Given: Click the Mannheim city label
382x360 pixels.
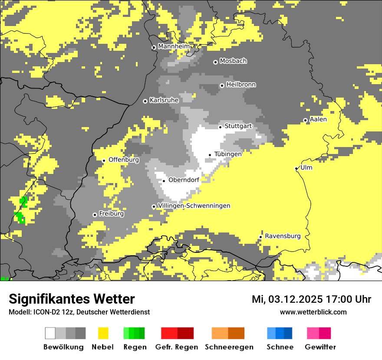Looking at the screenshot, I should pos(174,46).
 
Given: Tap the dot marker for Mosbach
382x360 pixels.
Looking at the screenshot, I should pos(215,62).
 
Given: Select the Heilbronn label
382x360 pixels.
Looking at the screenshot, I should pos(241,85).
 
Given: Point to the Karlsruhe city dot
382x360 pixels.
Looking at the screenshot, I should pos(145,101).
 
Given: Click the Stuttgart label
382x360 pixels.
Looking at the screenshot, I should pos(238,126).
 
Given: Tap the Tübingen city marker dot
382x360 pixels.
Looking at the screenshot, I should pos(210,155).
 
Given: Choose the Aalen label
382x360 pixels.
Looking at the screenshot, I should pos(318,119).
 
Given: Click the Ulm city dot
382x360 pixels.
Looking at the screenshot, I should pos(296,168).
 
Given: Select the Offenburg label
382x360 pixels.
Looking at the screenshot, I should pos(124,160).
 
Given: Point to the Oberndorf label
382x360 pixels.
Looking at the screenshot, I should pos(184,180).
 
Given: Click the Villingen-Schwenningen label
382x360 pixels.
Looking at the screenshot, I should pos(194,206).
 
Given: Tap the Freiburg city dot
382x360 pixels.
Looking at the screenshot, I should pos(95,215).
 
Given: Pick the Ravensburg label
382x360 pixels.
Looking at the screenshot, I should pos(283,236).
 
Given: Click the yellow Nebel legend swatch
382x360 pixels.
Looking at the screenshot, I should pos(103,333).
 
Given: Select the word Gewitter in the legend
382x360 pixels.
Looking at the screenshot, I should pos(320,347).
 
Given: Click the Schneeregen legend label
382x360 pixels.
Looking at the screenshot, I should pos(229,347).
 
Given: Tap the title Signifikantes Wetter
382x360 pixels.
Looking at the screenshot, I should pos(72,299).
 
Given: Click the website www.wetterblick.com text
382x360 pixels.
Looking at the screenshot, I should pos(313,312).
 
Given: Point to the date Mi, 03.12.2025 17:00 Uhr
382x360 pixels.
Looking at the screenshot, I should pos(311,299).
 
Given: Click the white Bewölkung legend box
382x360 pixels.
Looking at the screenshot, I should pos(50,333).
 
